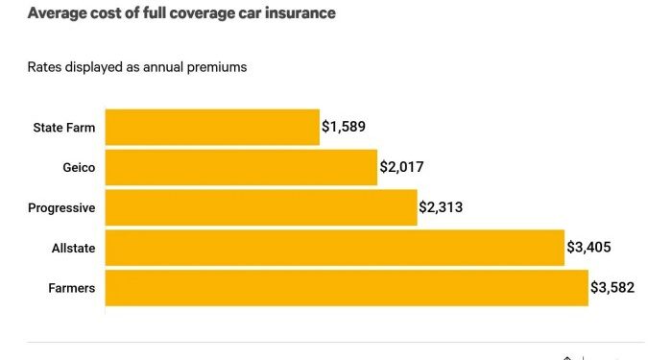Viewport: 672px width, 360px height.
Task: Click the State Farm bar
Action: click(x=212, y=127)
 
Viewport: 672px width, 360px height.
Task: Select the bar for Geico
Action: click(x=241, y=167)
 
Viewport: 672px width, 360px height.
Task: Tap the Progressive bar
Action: click(x=261, y=207)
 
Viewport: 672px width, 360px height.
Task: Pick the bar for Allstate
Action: click(x=334, y=248)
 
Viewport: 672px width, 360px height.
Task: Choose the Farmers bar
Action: click(x=346, y=288)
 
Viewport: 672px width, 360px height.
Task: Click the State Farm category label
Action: click(x=64, y=127)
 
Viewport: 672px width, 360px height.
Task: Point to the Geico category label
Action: click(x=78, y=167)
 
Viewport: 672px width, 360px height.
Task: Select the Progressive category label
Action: click(x=60, y=207)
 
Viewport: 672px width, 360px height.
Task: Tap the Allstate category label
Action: click(x=73, y=248)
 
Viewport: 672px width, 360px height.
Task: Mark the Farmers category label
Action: click(x=72, y=288)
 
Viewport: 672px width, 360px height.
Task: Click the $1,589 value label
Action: click(x=344, y=127)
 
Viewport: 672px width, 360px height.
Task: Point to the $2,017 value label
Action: click(x=401, y=167)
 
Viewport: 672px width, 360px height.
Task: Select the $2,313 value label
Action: click(x=442, y=207)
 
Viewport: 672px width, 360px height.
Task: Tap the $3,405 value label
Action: click(x=588, y=248)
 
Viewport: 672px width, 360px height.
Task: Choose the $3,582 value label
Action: click(x=612, y=288)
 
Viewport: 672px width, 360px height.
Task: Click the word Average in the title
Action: click(x=56, y=13)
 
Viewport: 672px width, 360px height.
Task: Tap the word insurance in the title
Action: click(x=293, y=13)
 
